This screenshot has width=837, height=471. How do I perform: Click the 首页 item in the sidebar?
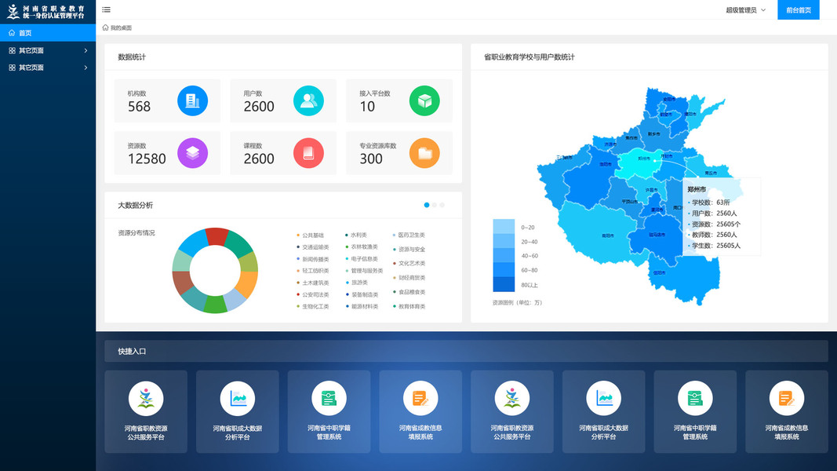click(25, 33)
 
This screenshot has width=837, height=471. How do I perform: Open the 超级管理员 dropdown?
click(745, 10)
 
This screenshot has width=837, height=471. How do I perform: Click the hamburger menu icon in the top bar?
click(106, 9)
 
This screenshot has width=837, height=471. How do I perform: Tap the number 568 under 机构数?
click(139, 107)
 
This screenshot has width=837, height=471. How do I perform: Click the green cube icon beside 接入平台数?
click(424, 100)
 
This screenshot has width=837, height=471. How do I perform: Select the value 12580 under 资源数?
click(147, 159)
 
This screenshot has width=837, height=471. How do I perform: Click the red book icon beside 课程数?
click(308, 152)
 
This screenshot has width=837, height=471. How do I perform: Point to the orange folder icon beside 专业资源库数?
click(424, 152)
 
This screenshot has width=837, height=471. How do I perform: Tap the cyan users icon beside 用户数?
click(308, 100)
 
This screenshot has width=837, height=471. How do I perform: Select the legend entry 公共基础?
click(312, 235)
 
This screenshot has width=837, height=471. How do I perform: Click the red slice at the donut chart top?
click(217, 235)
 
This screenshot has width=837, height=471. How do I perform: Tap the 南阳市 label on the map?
click(607, 235)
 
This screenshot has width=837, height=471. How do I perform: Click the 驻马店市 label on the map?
click(657, 234)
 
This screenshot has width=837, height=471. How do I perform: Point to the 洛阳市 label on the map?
click(605, 164)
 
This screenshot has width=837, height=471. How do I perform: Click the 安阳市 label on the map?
click(669, 99)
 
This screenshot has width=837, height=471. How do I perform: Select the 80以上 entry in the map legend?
click(529, 284)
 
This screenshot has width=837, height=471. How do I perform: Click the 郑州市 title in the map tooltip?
click(697, 189)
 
